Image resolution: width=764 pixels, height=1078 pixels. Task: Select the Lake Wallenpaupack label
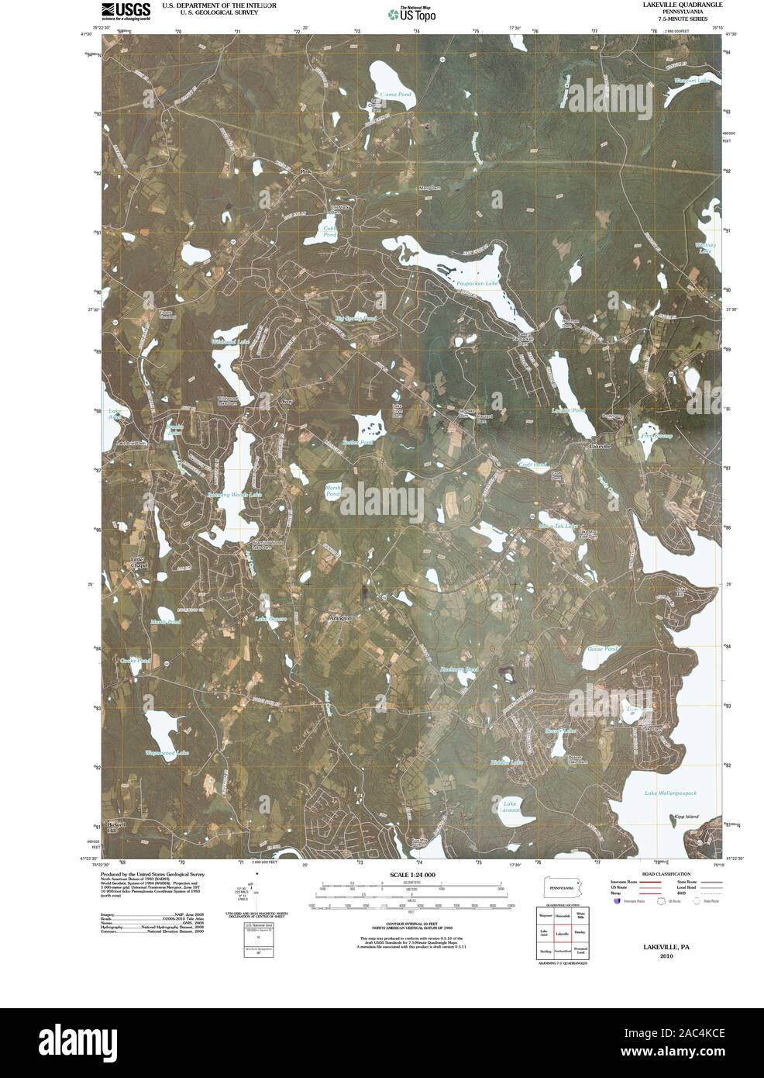[672, 793]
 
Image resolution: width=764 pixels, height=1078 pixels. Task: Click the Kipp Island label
[665, 817]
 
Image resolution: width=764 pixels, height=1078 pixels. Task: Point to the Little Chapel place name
[136, 560]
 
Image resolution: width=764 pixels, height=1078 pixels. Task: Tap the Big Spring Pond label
[355, 319]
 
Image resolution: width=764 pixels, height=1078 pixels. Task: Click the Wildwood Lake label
[229, 342]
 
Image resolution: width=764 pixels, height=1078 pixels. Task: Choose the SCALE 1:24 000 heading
[408, 874]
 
